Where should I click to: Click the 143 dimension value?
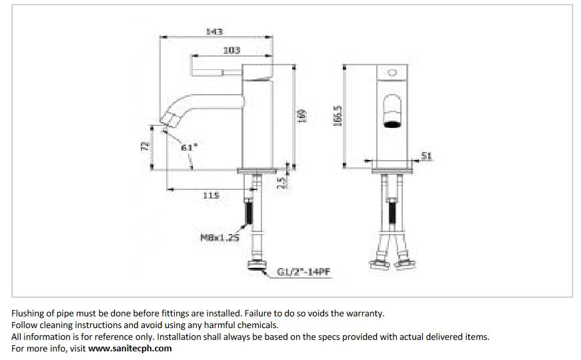(215, 31)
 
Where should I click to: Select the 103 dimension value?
(231, 50)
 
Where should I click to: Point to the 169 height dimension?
(302, 115)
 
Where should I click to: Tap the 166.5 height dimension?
(338, 115)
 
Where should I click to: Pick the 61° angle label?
(189, 147)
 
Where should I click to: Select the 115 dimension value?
(210, 195)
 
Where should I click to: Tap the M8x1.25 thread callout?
(219, 236)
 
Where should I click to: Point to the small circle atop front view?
(392, 71)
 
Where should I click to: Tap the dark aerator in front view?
(392, 123)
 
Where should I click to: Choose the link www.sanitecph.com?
(130, 348)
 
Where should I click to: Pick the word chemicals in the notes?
(257, 325)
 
